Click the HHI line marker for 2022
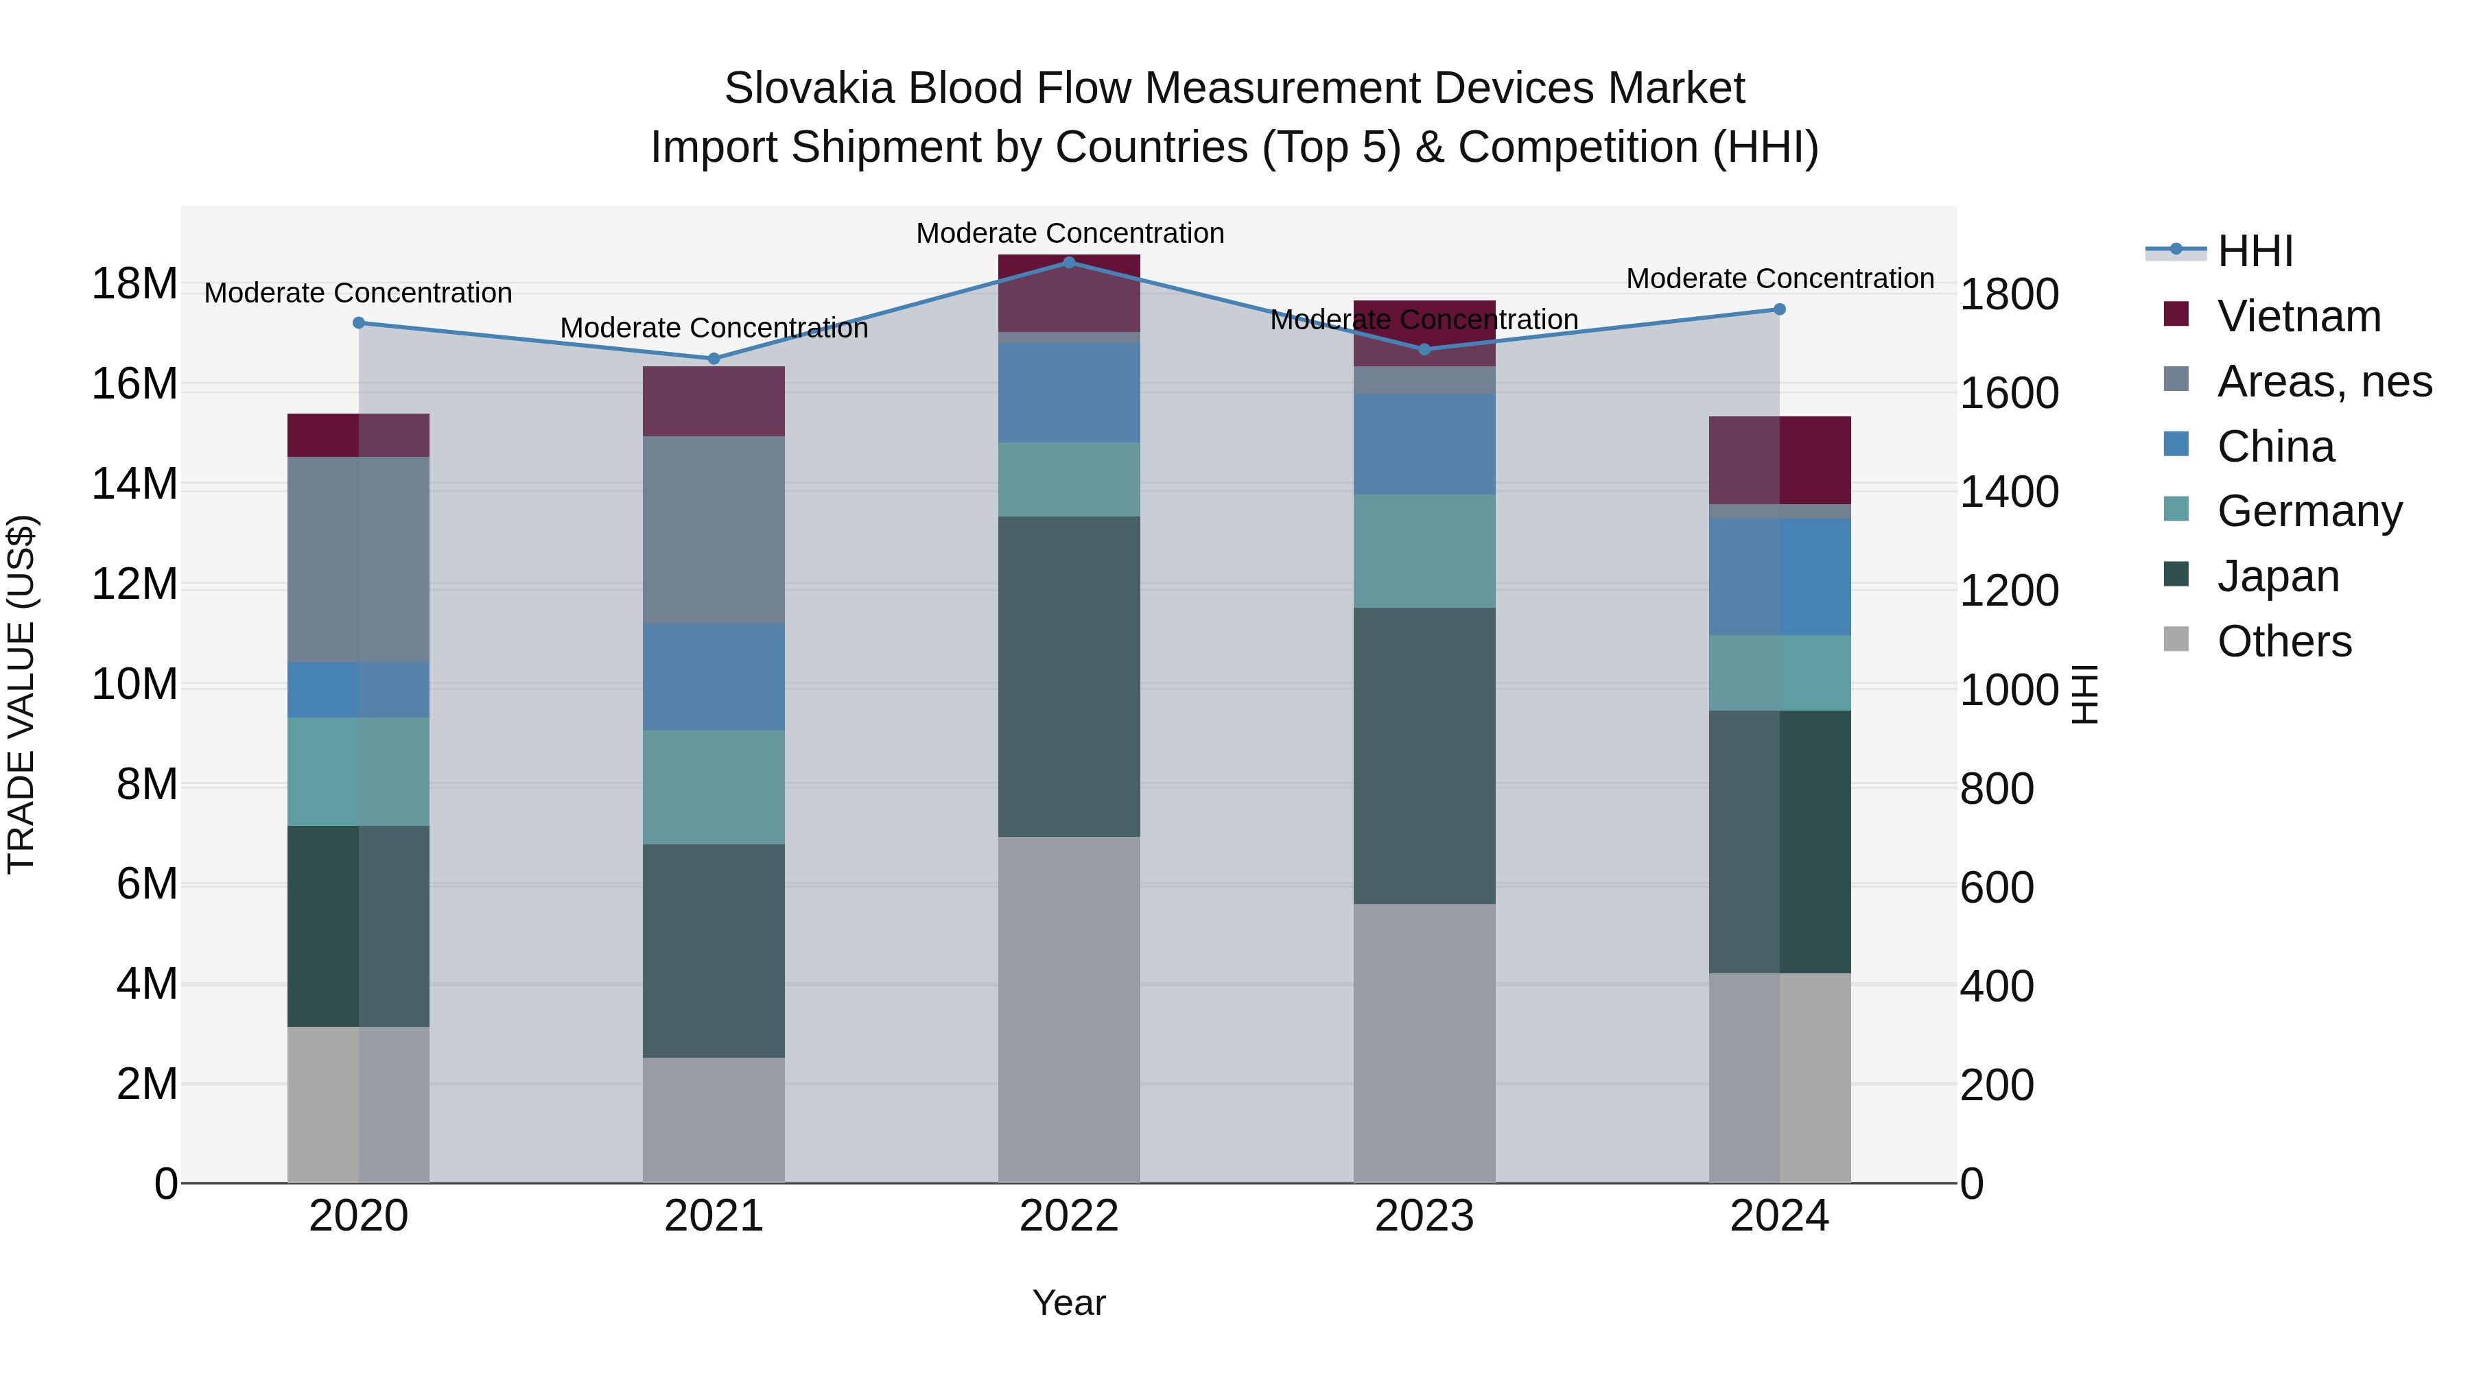[x=1069, y=262]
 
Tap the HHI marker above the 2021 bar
[x=714, y=359]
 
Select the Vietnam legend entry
[x=2298, y=316]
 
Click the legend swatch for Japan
[x=2176, y=575]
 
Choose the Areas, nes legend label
[x=2325, y=381]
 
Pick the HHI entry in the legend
[x=2255, y=251]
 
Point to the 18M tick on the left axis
[x=134, y=284]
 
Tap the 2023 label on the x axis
[x=1424, y=1216]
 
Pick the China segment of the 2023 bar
[x=1424, y=444]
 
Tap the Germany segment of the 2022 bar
[x=1069, y=479]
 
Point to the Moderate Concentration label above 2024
[x=1780, y=279]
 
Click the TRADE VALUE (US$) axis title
[x=21, y=694]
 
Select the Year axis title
[x=1069, y=1303]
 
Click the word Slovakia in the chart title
[x=810, y=88]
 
